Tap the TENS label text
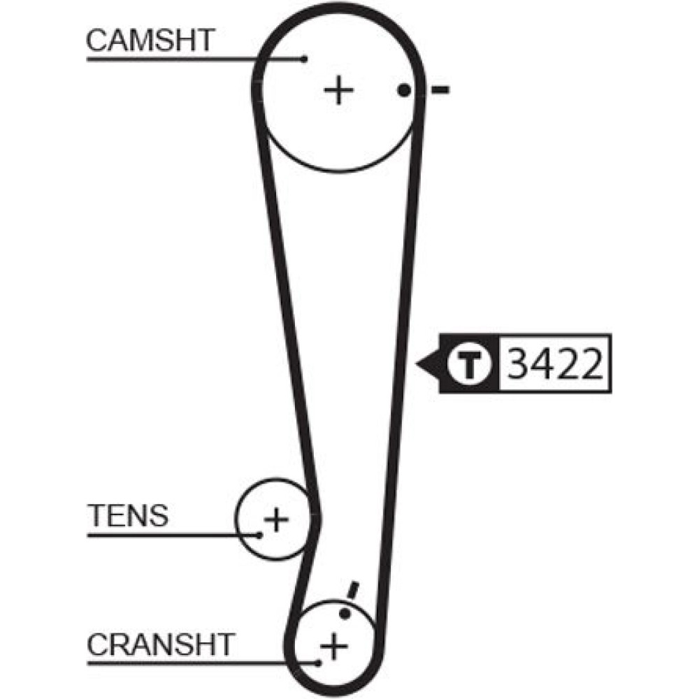(128, 516)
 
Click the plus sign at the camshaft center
(339, 90)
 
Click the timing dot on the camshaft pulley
(403, 89)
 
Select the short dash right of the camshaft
(440, 89)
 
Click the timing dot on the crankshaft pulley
(345, 613)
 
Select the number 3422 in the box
(553, 364)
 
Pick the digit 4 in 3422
(542, 364)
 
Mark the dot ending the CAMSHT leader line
(304, 59)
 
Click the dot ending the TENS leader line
(259, 535)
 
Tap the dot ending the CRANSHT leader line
(319, 661)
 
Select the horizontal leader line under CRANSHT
(196, 661)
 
